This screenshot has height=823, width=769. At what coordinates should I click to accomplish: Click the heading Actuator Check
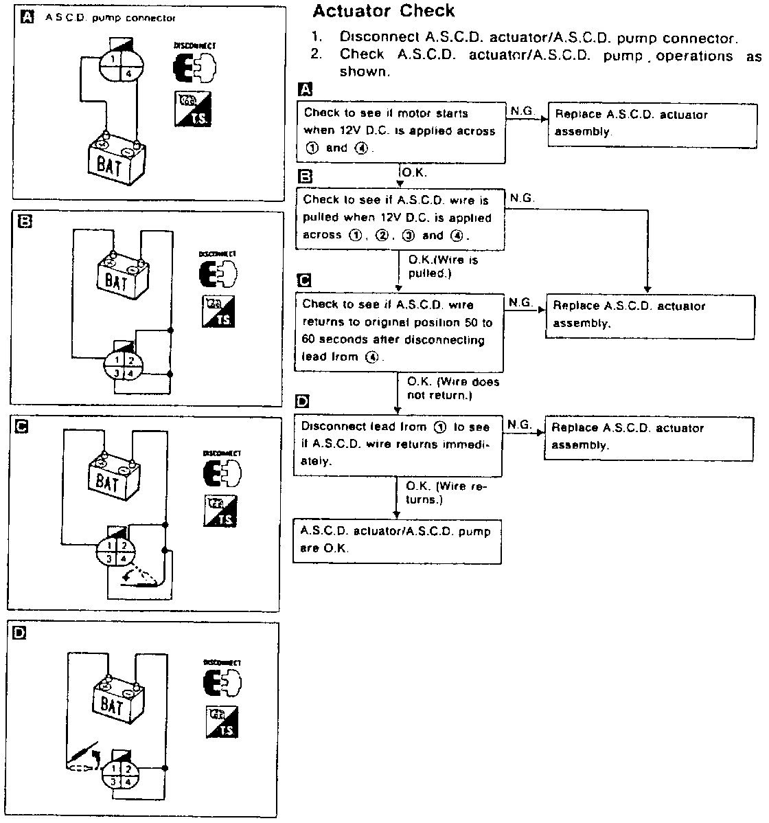pyautogui.click(x=383, y=11)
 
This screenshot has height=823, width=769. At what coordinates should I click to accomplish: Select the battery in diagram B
pyautogui.click(x=122, y=275)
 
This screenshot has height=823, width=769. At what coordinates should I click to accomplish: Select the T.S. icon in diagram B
pyautogui.click(x=218, y=311)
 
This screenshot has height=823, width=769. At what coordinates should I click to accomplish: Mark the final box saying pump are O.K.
pyautogui.click(x=397, y=541)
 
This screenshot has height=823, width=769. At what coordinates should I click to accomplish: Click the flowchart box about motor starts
pyautogui.click(x=401, y=131)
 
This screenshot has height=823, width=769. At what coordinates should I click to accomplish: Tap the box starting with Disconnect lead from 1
pyautogui.click(x=397, y=444)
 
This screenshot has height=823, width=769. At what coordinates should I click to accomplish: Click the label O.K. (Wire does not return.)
pyautogui.click(x=453, y=388)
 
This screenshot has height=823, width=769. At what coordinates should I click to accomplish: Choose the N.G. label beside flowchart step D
pyautogui.click(x=520, y=425)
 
